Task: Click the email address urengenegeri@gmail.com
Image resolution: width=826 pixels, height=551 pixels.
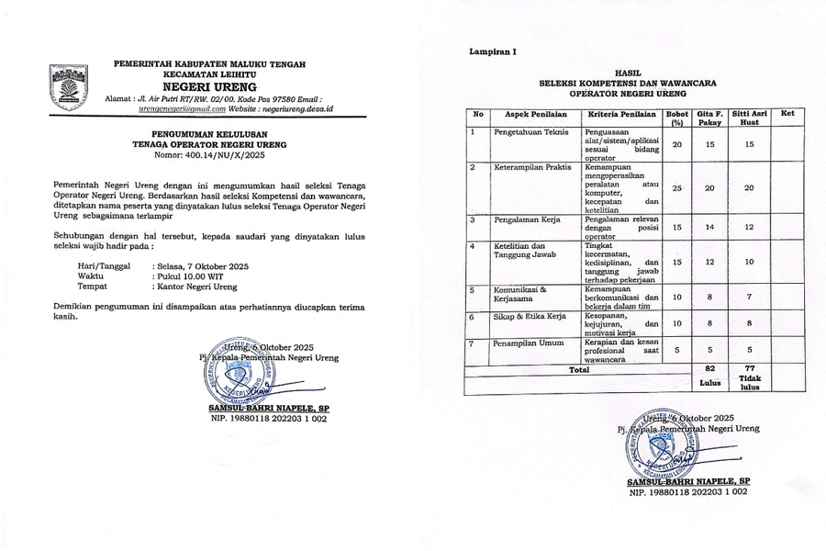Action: pos(182,108)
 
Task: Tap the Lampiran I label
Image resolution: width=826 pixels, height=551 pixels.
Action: pos(493,51)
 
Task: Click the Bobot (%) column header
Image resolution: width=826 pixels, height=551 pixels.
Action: pos(676,118)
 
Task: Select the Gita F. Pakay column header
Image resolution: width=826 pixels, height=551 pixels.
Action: pos(709,118)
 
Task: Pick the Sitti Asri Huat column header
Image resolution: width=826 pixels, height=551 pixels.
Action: pos(749,118)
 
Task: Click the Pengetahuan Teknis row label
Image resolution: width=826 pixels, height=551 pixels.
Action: pos(531,132)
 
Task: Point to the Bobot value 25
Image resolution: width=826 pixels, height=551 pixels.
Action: pos(676,187)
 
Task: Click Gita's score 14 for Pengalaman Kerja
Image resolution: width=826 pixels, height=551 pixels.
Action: pos(709,227)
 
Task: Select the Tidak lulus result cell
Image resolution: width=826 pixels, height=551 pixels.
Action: pos(749,382)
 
